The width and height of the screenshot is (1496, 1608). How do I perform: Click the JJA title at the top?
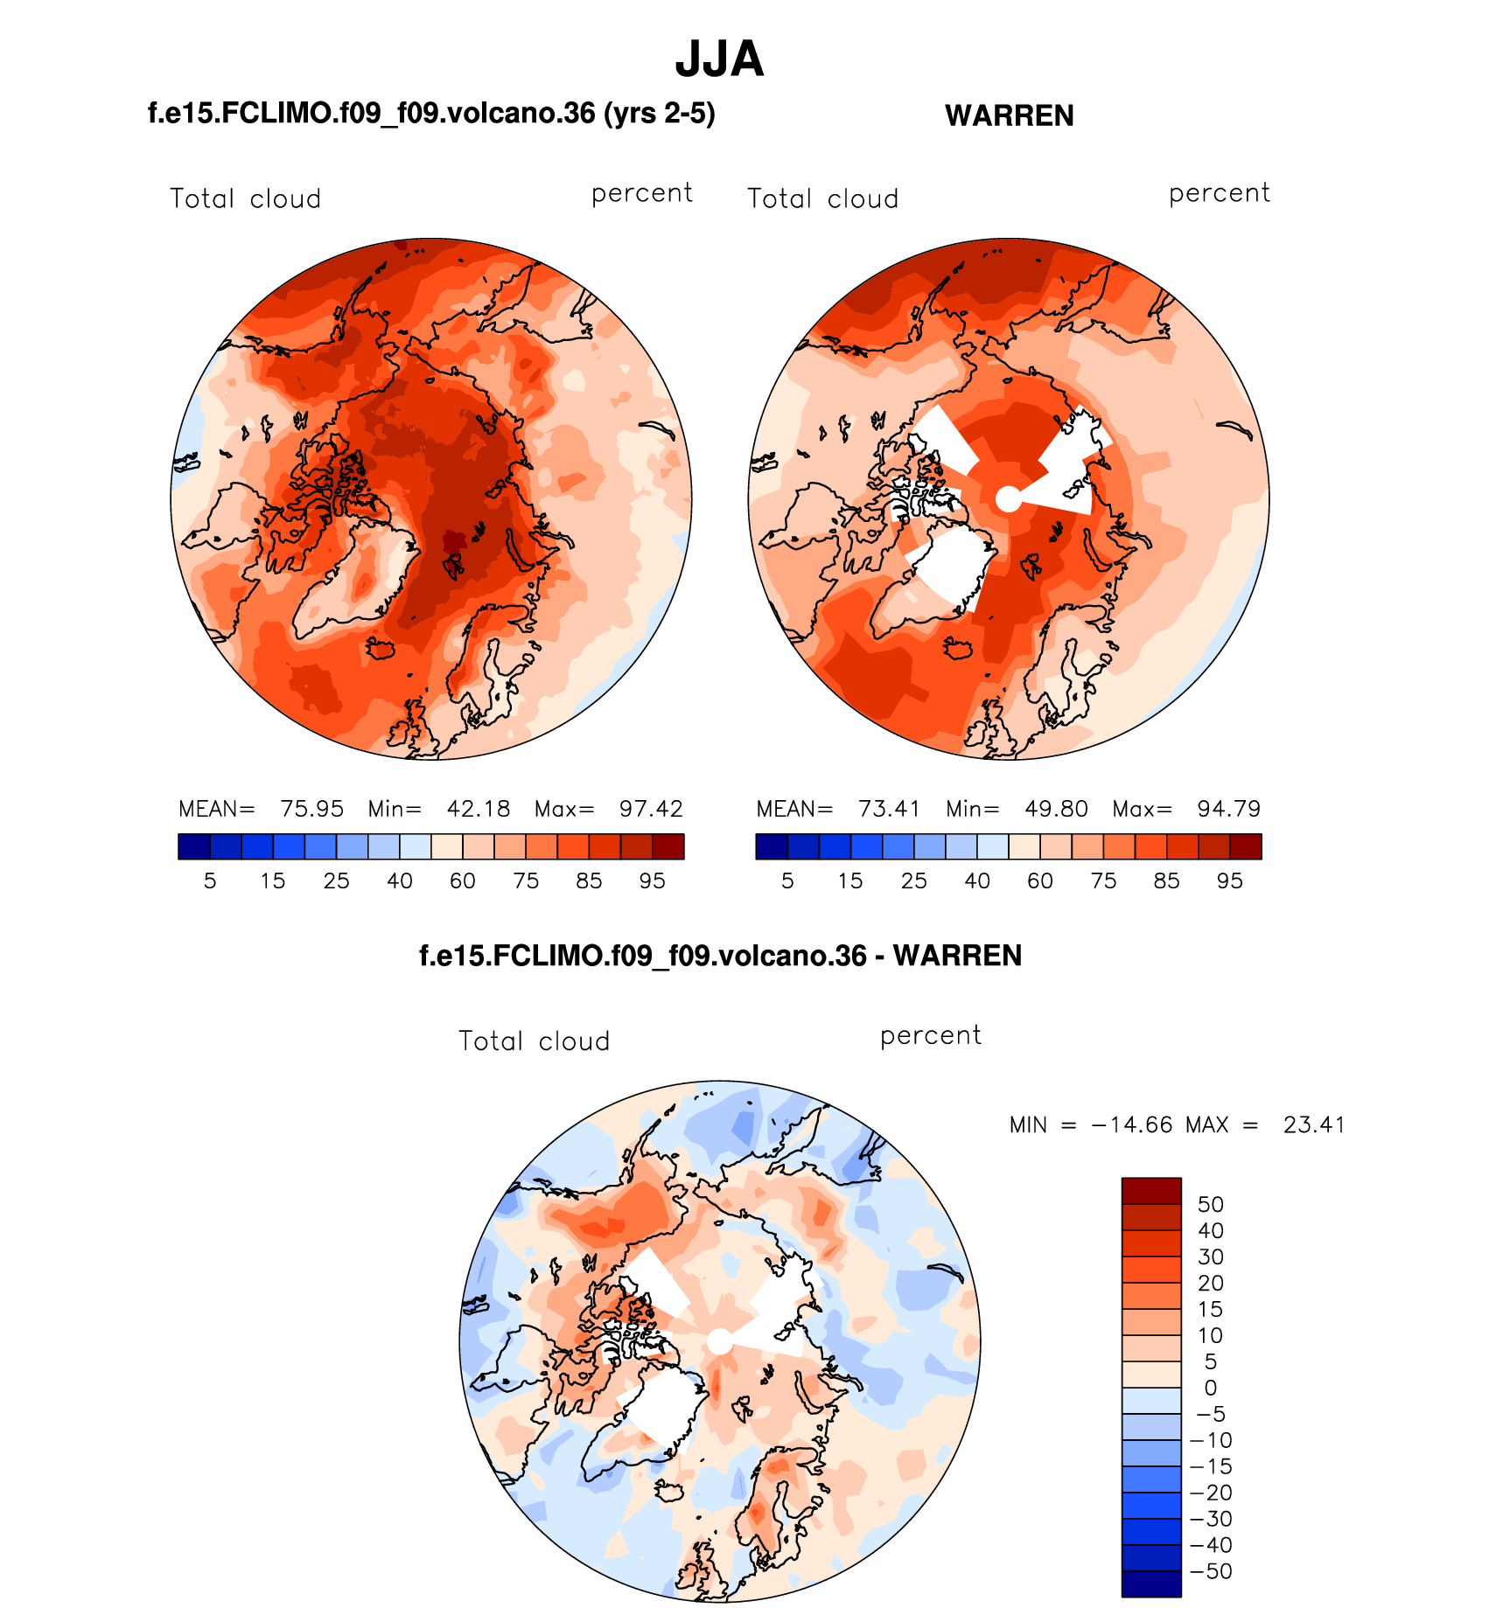pos(719,59)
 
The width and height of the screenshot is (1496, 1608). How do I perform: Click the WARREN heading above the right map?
pos(1009,115)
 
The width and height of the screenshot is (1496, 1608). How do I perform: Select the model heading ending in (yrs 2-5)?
pos(431,114)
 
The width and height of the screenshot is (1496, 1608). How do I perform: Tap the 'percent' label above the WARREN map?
pos(1219,193)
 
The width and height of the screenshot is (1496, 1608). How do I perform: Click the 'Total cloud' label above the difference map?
pos(534,1041)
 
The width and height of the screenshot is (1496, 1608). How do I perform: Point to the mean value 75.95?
pos(311,809)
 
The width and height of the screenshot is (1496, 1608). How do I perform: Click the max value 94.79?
pos(1228,809)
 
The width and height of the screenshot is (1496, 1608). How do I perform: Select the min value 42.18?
pos(478,809)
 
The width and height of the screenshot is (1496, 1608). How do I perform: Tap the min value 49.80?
pos(1056,809)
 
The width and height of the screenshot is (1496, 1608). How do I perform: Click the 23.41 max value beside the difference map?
pos(1313,1124)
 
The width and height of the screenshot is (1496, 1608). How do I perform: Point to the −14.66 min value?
pos(1131,1124)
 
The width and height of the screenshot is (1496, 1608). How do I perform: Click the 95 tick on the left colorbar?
pos(652,881)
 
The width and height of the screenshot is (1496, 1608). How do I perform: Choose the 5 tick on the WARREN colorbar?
pos(787,881)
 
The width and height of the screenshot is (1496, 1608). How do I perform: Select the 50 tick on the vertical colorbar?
pos(1210,1204)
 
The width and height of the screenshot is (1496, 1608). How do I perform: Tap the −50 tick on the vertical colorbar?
pos(1212,1571)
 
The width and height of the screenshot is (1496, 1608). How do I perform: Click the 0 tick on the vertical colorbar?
pos(1210,1388)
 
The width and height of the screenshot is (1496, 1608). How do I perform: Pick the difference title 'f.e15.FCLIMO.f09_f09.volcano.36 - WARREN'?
pos(720,956)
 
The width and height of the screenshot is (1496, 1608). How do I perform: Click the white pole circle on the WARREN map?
pos(1009,499)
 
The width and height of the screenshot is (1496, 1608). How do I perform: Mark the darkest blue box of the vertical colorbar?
pos(1151,1584)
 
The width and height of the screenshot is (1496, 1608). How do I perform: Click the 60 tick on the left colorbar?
pos(462,881)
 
